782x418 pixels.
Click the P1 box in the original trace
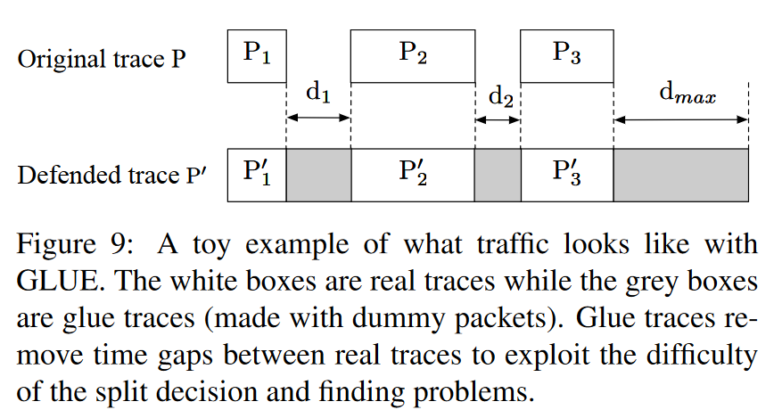coord(257,55)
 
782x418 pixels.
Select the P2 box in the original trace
coord(412,55)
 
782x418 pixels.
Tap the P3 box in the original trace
coord(567,55)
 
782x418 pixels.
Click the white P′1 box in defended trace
coord(257,175)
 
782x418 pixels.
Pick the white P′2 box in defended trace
coord(412,175)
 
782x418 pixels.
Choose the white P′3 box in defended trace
coord(567,175)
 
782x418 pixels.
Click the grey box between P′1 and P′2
coord(318,175)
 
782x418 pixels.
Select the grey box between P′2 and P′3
coord(498,175)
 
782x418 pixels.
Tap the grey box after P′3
coord(680,175)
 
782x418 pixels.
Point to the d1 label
coord(318,94)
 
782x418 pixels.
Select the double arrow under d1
coord(318,119)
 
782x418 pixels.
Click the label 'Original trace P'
coord(103,60)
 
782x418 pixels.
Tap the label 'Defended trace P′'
coord(111,176)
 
